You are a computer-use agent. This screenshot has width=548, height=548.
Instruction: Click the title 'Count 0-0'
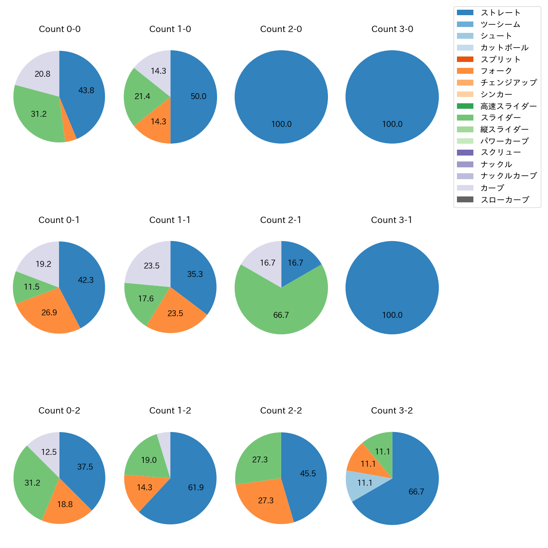(59, 29)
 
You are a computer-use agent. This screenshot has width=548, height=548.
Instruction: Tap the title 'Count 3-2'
(392, 411)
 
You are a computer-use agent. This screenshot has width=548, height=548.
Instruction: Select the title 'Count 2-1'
(281, 220)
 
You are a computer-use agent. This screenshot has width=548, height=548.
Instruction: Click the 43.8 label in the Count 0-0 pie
(86, 90)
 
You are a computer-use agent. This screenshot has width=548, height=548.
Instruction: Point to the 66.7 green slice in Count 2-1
(281, 312)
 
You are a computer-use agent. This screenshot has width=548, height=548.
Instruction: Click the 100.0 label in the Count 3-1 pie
(392, 315)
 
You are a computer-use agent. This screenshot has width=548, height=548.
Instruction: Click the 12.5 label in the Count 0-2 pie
(49, 452)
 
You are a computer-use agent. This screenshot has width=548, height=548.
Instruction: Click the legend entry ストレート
(500, 13)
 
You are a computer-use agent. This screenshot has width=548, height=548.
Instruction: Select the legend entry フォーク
(496, 71)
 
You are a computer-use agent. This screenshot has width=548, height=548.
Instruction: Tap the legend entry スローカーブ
(505, 200)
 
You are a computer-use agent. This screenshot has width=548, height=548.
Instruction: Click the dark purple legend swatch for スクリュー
(465, 153)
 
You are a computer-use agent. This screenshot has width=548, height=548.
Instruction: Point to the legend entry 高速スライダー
(508, 106)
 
